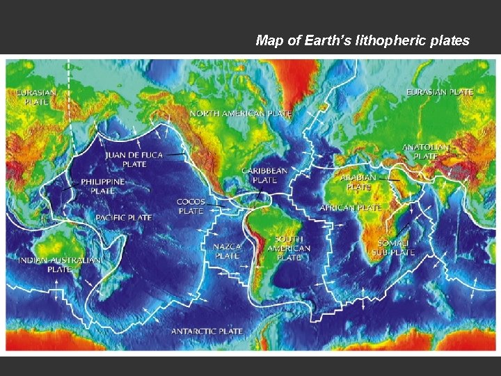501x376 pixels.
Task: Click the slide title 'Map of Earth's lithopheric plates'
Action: coord(363,40)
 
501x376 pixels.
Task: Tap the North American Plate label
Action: coord(241,113)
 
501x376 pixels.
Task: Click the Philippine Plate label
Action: coord(103,186)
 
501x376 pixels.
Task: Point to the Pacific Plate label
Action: coord(124,217)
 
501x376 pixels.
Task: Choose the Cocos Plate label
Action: coord(191,206)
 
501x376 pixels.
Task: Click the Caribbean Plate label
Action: coord(264,175)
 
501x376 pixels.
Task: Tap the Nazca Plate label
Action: coord(227,251)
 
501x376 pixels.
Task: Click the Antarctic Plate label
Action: coord(207,331)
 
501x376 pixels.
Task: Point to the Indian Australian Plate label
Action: coord(59,265)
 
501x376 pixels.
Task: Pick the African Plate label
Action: coord(351,207)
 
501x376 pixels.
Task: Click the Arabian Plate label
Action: coord(359,182)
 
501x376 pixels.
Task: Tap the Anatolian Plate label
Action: coord(426,152)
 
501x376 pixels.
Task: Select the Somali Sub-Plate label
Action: coord(391,246)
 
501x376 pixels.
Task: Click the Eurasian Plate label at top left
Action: coord(37,96)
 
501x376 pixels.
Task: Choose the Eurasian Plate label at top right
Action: coord(440,92)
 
